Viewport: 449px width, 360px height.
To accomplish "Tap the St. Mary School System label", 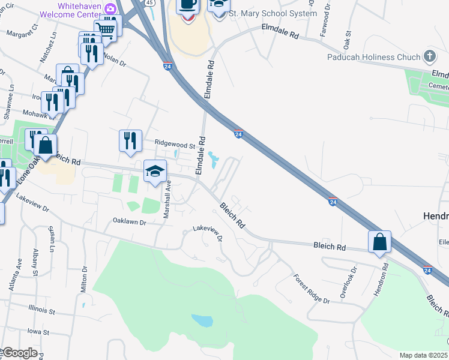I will click(x=274, y=13).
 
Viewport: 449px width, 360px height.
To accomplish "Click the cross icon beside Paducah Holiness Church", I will click(x=429, y=57).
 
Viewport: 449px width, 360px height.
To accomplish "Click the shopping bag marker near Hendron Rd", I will click(x=379, y=242).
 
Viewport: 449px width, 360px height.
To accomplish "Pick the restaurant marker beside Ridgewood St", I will click(x=130, y=141).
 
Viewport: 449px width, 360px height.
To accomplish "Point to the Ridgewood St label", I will click(x=175, y=145).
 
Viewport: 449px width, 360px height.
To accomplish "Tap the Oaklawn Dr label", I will click(x=130, y=221).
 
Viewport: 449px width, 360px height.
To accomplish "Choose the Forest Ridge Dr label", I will click(x=312, y=289).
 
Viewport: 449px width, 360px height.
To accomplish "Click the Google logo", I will click(x=19, y=353).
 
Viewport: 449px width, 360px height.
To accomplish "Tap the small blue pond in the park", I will click(x=202, y=320).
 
